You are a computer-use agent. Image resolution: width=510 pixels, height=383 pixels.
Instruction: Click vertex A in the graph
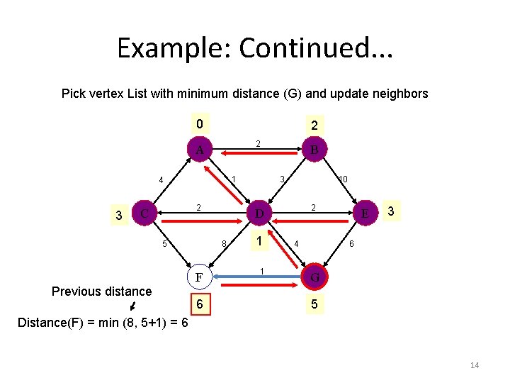(200, 150)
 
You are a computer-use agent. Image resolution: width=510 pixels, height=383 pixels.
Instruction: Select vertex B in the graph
(313, 150)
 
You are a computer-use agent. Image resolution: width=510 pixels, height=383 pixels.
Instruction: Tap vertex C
(144, 212)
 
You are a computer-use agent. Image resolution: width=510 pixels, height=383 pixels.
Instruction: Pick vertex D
(259, 213)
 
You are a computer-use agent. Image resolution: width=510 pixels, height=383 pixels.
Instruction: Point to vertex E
(365, 212)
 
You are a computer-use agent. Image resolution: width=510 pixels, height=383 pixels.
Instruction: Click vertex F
(200, 277)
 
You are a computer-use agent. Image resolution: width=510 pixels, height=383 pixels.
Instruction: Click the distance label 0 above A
(200, 124)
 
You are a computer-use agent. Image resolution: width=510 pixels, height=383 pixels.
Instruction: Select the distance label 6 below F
(200, 304)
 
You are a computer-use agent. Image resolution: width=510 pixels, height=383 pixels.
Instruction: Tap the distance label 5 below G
(313, 304)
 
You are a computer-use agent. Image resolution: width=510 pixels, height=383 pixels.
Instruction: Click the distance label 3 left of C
(119, 214)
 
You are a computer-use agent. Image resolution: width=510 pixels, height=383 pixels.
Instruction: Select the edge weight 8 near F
(224, 245)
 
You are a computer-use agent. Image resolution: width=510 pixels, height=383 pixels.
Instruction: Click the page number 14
(475, 365)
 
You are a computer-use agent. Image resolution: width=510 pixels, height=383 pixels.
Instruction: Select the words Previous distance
(102, 291)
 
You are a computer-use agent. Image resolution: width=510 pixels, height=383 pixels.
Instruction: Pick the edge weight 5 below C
(164, 245)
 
